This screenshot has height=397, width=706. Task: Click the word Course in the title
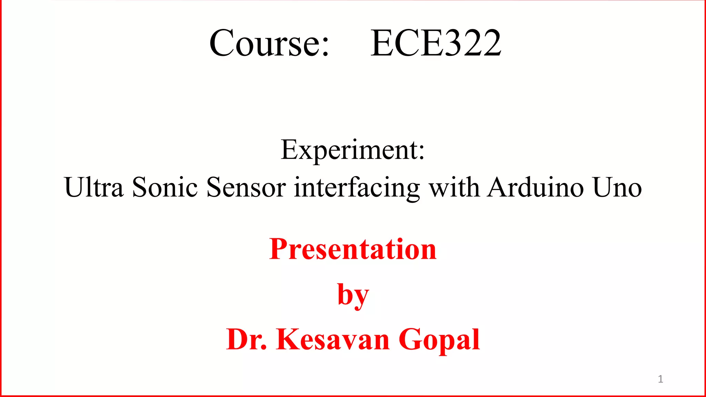(x=264, y=43)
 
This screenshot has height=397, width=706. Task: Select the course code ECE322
(x=435, y=43)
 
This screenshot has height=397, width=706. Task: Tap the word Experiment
(x=348, y=150)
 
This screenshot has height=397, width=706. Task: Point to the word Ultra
(x=93, y=187)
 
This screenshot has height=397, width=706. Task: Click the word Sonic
(x=165, y=187)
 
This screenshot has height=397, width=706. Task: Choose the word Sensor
(x=246, y=187)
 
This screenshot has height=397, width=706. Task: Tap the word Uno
(x=617, y=187)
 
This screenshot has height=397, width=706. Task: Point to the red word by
(x=353, y=295)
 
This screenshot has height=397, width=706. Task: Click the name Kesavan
(x=333, y=339)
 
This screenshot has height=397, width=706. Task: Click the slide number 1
(x=660, y=379)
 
